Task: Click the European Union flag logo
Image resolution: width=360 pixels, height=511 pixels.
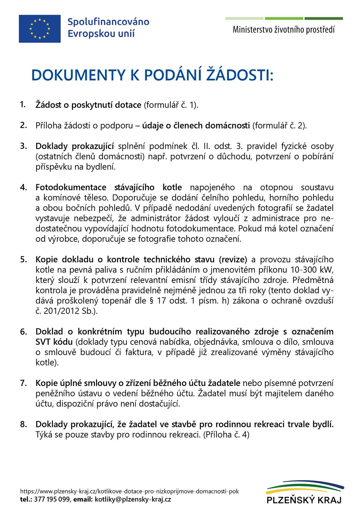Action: tap(40, 29)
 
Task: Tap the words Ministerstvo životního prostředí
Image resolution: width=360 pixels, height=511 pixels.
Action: tap(283, 30)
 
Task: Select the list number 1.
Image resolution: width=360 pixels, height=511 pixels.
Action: tap(23, 104)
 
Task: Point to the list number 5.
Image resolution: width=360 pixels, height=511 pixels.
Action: tap(24, 259)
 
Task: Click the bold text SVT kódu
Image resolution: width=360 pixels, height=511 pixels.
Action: tap(54, 342)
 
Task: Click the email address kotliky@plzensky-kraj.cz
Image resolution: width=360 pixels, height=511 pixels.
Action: tap(133, 499)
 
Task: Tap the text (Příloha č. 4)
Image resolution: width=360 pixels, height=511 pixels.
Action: tap(226, 434)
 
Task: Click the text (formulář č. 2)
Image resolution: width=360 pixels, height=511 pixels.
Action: tap(279, 125)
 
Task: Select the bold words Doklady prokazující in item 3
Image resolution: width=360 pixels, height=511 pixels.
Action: tap(74, 146)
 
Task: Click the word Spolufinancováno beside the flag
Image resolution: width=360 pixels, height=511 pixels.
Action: tap(108, 22)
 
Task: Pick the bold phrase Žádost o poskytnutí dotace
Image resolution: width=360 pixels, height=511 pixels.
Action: tap(88, 105)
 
